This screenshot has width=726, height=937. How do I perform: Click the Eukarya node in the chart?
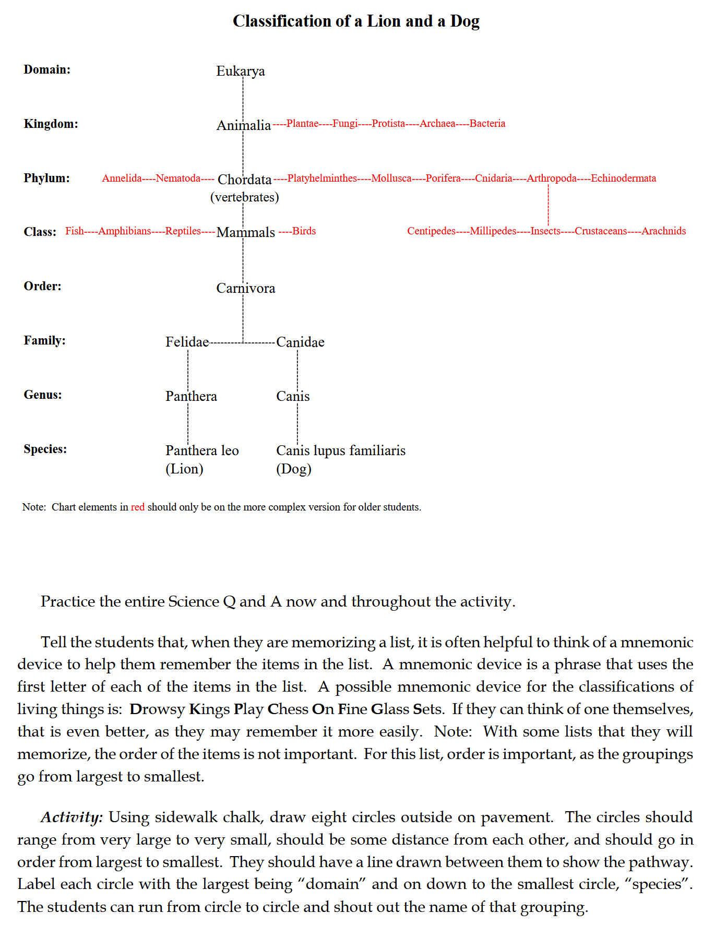pyautogui.click(x=240, y=71)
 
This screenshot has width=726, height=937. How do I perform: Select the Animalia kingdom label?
pyautogui.click(x=244, y=125)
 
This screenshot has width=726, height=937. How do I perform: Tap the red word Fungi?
pyautogui.click(x=345, y=124)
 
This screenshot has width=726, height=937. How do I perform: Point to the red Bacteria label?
pyautogui.click(x=487, y=124)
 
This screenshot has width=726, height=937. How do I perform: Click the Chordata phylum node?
pyautogui.click(x=244, y=180)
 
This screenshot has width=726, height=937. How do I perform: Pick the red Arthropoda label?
pyautogui.click(x=551, y=179)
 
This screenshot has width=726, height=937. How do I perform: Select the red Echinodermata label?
pyautogui.click(x=623, y=179)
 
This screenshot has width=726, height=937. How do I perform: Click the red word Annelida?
pyautogui.click(x=122, y=179)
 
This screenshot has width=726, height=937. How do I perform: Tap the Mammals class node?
pyautogui.click(x=245, y=232)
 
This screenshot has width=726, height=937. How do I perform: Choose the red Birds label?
pyautogui.click(x=304, y=231)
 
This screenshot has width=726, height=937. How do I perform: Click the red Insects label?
pyautogui.click(x=545, y=231)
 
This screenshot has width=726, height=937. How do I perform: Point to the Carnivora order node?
pyautogui.click(x=245, y=288)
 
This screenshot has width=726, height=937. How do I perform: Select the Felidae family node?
pyautogui.click(x=187, y=342)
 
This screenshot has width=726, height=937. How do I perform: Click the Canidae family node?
pyautogui.click(x=300, y=342)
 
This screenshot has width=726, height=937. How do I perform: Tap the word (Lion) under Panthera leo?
pyautogui.click(x=184, y=469)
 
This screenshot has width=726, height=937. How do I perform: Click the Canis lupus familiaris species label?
pyautogui.click(x=340, y=450)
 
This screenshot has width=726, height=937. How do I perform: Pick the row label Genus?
pyautogui.click(x=43, y=395)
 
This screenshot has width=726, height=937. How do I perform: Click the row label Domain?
pyautogui.click(x=47, y=69)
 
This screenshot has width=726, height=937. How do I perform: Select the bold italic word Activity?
pyautogui.click(x=72, y=817)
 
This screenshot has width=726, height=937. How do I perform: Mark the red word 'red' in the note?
pyautogui.click(x=138, y=507)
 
